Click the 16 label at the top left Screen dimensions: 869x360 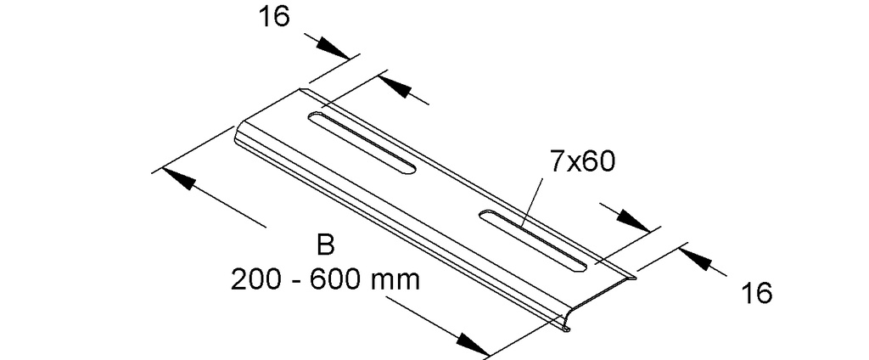click(274, 17)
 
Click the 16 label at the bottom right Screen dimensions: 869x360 click(756, 292)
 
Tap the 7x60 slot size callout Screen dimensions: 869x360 click(582, 161)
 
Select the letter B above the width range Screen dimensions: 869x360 click(326, 245)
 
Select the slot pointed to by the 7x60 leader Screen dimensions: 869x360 click(534, 240)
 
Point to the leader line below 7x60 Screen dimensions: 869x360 click(533, 201)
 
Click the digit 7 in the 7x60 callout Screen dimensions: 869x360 click(556, 161)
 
